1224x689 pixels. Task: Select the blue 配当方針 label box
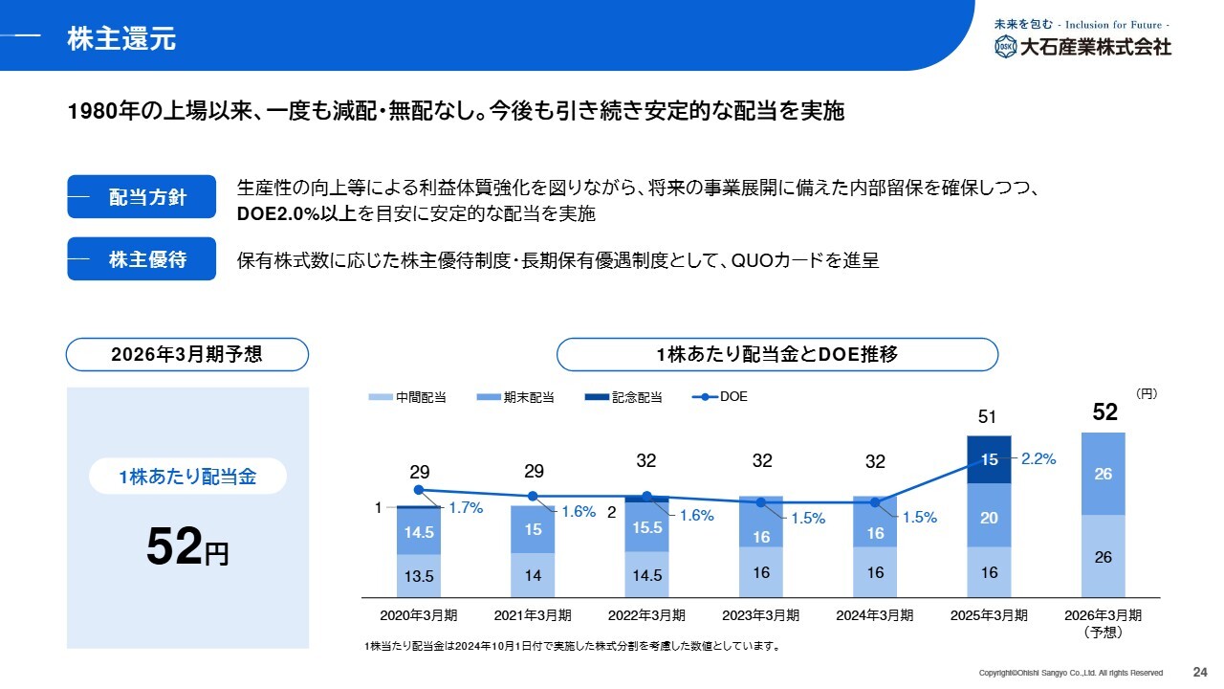[x=142, y=198]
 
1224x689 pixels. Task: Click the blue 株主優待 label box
[x=142, y=259]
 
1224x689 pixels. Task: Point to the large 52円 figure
[x=187, y=547]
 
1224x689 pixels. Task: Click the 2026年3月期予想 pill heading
[x=186, y=354]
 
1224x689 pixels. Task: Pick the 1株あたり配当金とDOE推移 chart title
[x=776, y=354]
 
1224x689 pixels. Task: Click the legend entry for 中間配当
[x=408, y=397]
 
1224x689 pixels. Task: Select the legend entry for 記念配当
[x=624, y=397]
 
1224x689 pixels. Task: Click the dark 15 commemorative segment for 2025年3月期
[x=990, y=459]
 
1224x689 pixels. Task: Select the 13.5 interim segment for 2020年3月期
[x=419, y=576]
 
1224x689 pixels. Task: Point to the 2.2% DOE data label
[x=1038, y=458]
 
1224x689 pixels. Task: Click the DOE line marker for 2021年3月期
[x=533, y=497]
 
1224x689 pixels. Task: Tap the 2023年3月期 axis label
[x=761, y=615]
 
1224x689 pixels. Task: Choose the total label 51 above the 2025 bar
[x=989, y=417]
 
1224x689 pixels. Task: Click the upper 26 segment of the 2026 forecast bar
[x=1104, y=474]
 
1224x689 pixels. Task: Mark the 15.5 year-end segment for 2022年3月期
[x=647, y=527]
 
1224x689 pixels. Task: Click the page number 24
[x=1199, y=671]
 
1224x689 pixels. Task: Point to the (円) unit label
[x=1147, y=392]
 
